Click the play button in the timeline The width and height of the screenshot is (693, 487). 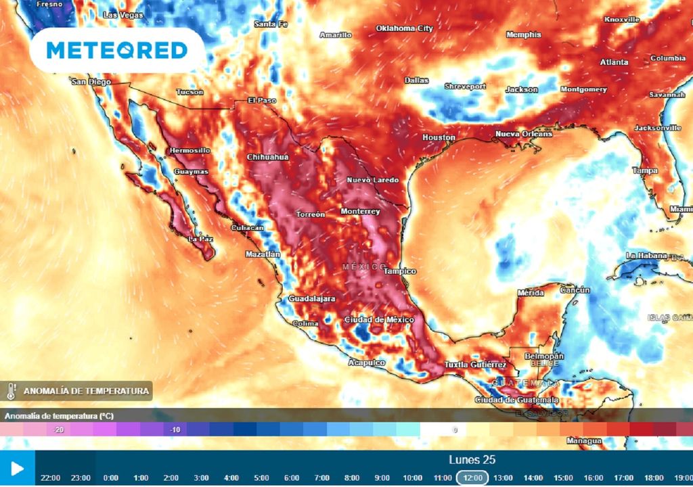tap(17, 469)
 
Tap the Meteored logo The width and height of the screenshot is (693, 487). tap(117, 50)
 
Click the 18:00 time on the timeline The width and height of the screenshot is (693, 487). tap(653, 478)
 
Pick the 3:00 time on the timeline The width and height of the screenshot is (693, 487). tap(201, 478)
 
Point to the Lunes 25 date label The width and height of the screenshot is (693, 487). tap(472, 460)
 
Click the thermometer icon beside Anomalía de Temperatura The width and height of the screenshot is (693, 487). tap(12, 391)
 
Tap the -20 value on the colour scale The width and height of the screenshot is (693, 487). tap(59, 430)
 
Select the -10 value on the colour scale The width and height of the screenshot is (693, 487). tap(175, 430)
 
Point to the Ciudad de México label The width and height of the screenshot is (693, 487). tap(374, 319)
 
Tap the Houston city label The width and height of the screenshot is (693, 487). tap(439, 137)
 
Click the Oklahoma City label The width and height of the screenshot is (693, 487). tap(404, 28)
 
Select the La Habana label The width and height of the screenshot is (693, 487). tap(646, 256)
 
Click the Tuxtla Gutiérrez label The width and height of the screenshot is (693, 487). tap(475, 365)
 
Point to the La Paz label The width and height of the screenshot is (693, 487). tap(200, 239)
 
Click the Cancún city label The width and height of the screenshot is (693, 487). tap(575, 289)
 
